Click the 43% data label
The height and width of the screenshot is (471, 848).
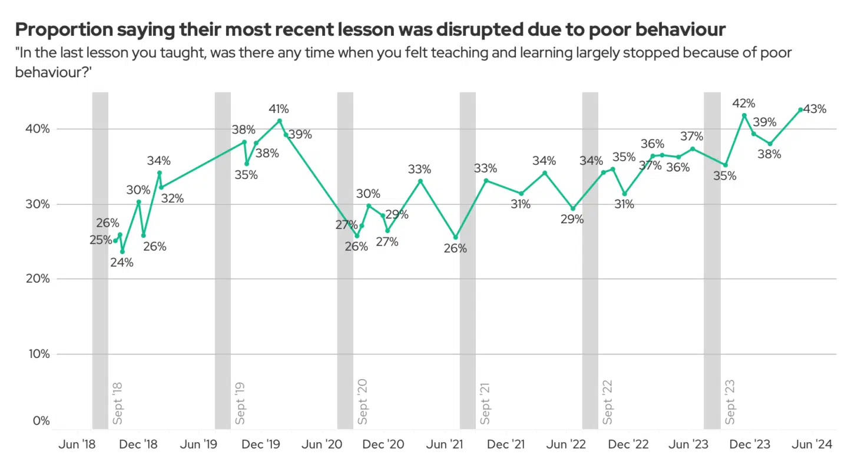815,109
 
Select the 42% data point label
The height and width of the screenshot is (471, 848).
744,104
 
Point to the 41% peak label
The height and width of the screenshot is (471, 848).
279,109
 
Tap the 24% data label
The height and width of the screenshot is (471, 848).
122,263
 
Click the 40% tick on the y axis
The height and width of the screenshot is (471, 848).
38,129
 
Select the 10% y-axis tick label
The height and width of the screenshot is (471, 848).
38,354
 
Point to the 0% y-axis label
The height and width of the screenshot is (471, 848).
41,421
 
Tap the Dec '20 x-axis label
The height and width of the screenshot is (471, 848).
383,445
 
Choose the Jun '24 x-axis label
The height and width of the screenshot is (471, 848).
812,445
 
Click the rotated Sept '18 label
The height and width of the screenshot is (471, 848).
117,403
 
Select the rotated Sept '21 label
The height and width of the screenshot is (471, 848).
485,403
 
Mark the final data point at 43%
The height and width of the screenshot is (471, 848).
800,110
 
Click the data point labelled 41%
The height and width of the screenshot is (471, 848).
279,121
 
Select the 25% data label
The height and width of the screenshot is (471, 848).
100,240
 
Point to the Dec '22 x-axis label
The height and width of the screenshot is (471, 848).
628,445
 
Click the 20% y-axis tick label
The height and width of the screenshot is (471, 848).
38,278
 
